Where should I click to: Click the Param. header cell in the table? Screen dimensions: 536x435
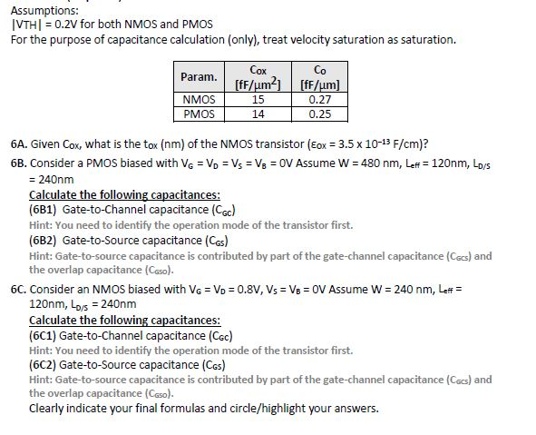pos(199,76)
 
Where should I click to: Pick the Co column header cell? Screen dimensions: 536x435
pos(319,76)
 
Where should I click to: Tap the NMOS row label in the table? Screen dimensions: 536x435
pos(199,99)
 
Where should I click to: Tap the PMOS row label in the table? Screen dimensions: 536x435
pos(199,114)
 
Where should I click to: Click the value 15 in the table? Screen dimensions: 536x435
pos(258,99)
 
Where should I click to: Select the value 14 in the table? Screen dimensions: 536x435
pos(258,114)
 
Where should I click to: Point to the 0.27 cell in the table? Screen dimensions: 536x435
pos(319,99)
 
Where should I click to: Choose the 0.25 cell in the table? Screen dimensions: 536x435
pos(319,114)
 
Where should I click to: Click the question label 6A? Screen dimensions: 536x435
pos(19,144)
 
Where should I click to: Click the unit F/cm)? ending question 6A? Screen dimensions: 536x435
pos(413,144)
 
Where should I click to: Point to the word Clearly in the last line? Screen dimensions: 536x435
pos(48,408)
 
